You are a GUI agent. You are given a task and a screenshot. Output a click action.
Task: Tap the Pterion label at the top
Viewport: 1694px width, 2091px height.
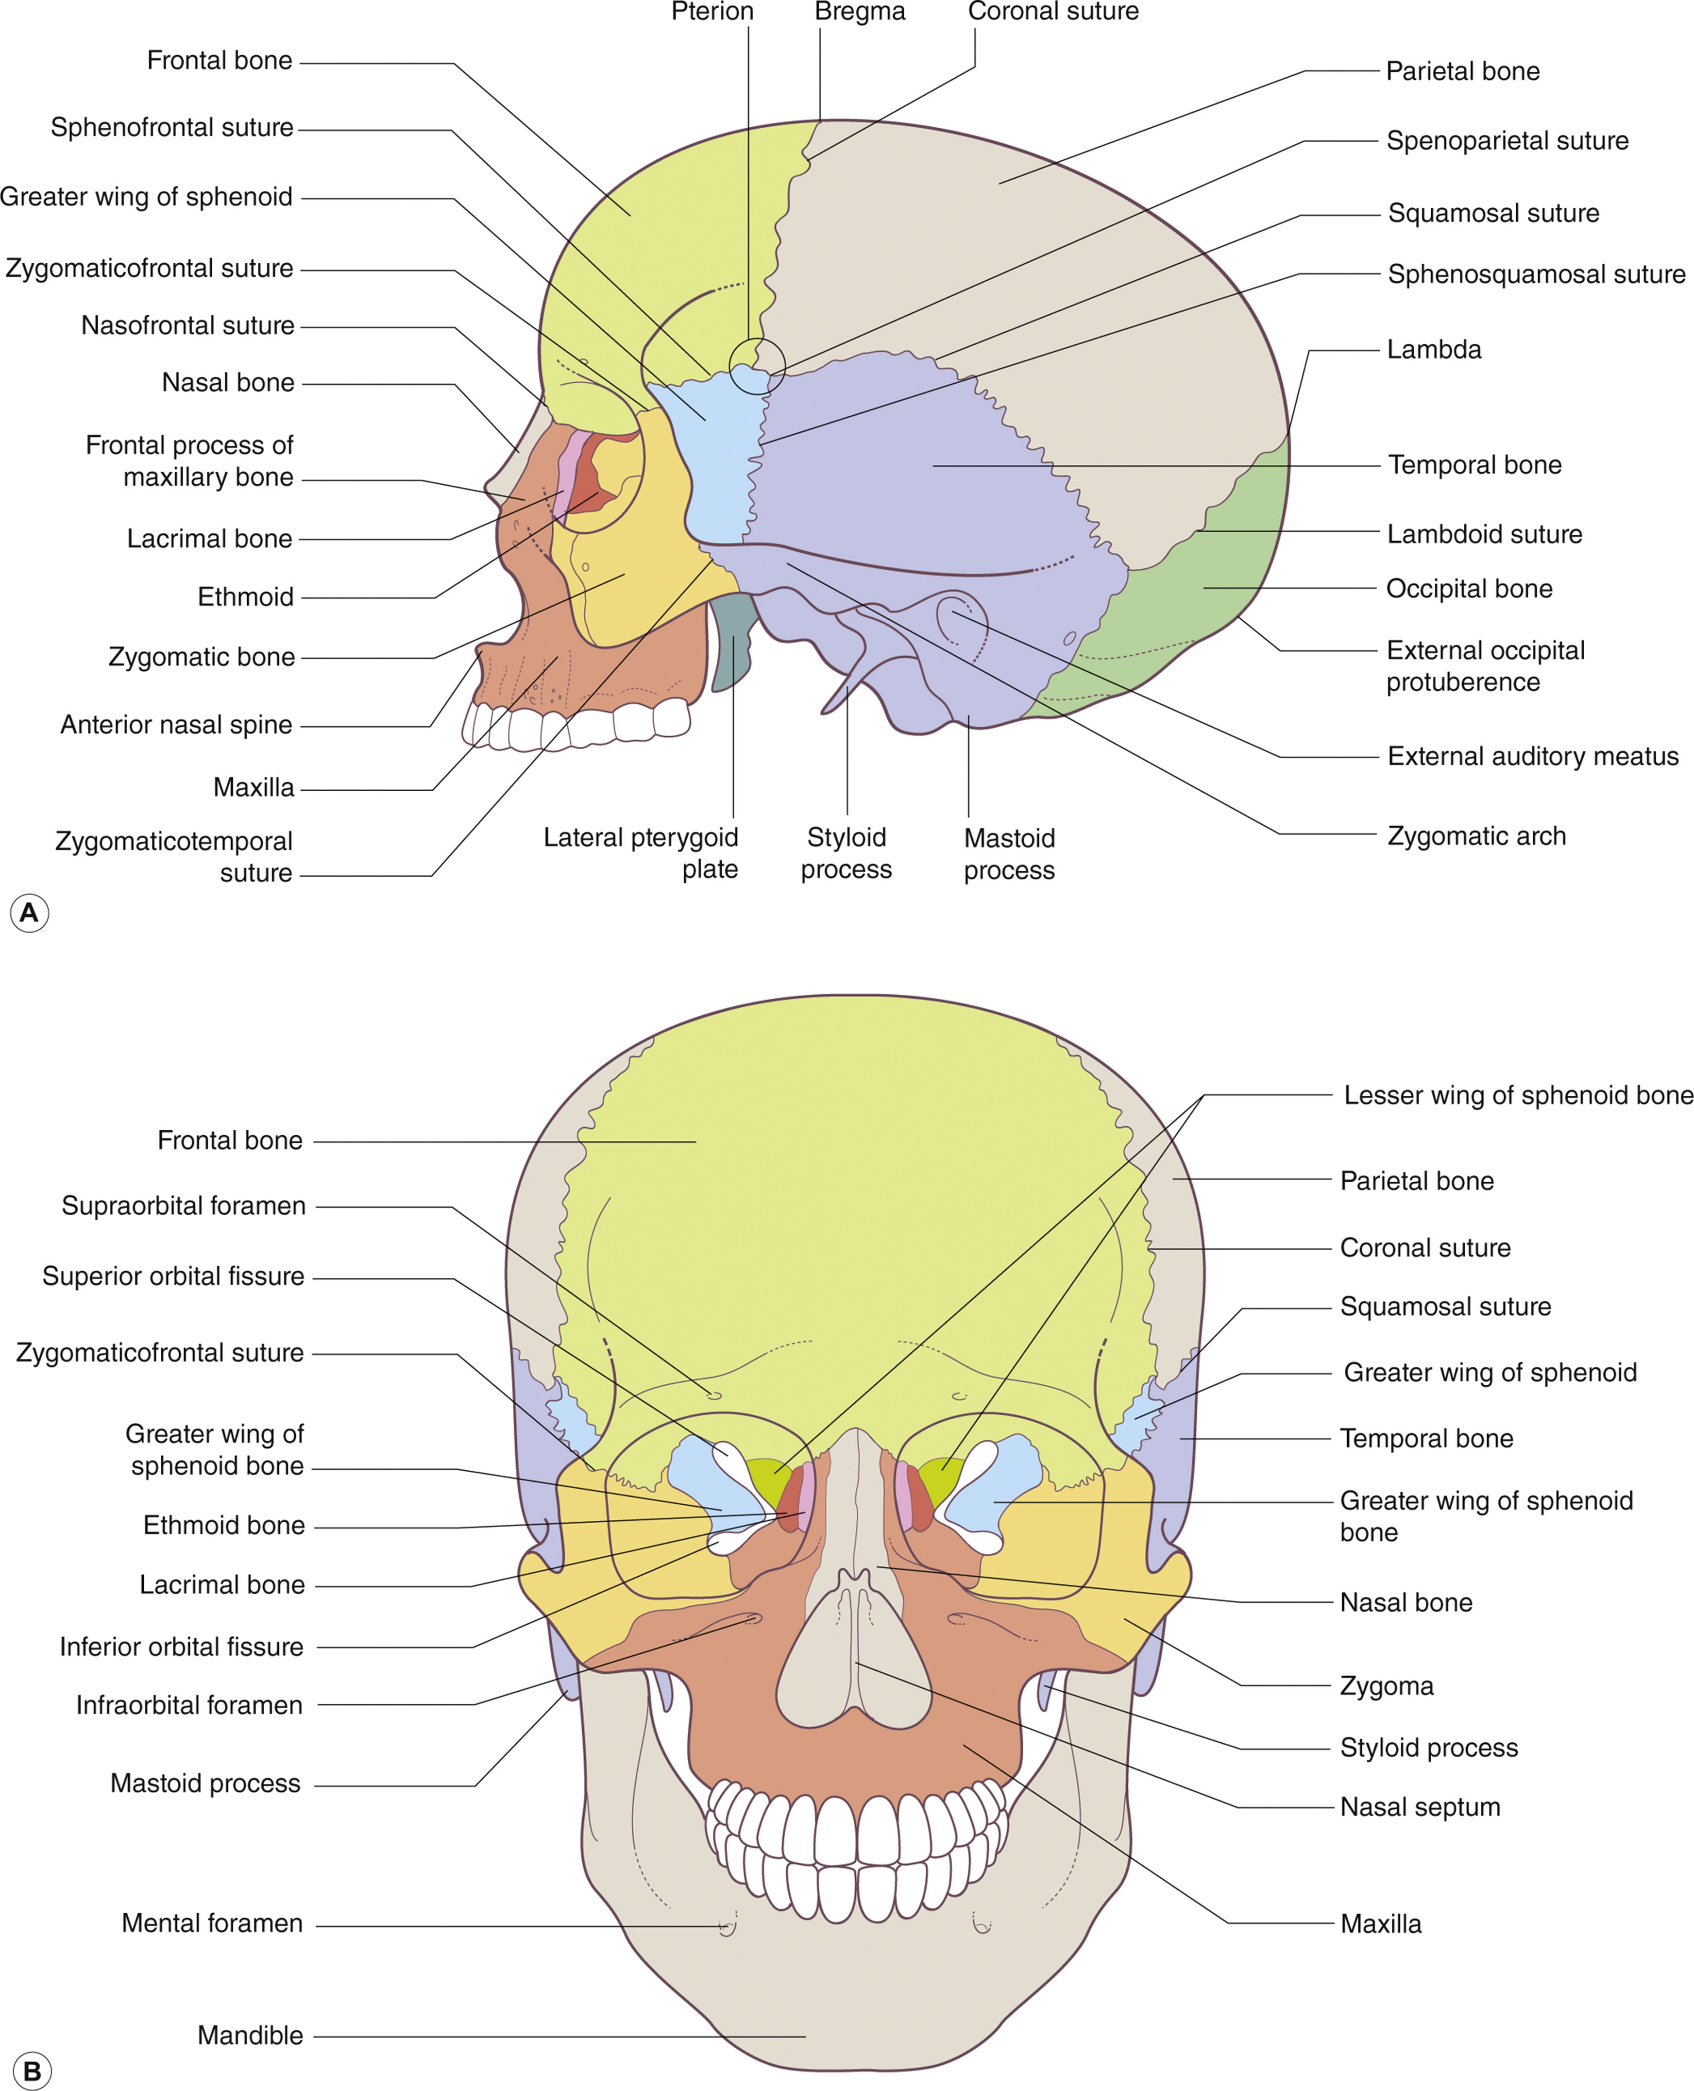click(712, 12)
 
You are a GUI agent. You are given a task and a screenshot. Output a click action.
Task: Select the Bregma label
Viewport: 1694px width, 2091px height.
click(860, 12)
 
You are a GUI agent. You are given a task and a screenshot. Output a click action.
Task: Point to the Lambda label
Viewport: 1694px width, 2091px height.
click(1434, 349)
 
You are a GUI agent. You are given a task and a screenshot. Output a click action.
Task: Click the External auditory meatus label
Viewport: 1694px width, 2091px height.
click(1532, 756)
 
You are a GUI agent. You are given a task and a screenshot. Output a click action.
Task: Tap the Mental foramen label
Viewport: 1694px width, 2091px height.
click(212, 1923)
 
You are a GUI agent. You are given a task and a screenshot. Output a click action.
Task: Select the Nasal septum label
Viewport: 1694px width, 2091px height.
click(1420, 1807)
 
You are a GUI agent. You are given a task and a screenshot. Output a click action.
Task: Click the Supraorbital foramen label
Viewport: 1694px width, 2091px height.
click(184, 1206)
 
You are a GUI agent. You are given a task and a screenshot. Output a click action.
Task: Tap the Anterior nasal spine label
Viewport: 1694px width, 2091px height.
click(176, 725)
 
